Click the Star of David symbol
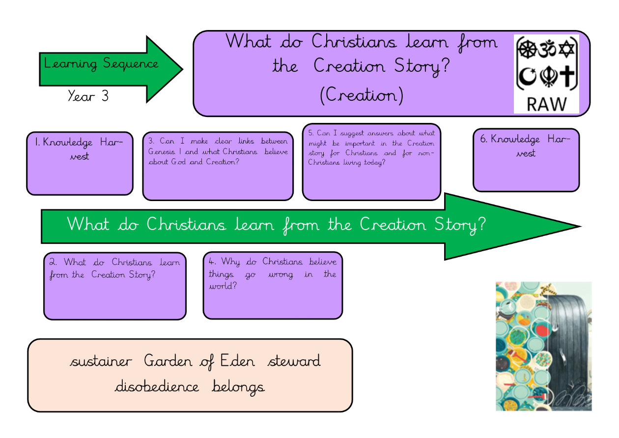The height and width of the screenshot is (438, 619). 566,49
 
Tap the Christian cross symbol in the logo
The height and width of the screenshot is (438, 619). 567,76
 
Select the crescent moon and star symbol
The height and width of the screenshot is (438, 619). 527,77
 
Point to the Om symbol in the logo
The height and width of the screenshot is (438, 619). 547,49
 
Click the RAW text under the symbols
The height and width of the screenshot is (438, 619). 546,104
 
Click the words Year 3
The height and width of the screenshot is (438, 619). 88,96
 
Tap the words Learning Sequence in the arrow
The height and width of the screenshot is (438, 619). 101,64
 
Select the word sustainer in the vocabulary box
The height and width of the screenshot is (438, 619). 101,361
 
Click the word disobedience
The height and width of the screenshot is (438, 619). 157,386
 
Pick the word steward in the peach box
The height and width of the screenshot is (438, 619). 294,361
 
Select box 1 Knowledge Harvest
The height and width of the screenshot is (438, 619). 80,163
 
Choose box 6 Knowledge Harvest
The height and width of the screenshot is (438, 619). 526,160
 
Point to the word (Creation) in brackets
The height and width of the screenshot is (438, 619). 362,95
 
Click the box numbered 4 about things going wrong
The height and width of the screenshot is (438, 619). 273,285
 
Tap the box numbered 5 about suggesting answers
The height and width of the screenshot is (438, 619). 371,162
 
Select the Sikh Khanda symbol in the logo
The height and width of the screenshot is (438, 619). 549,77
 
